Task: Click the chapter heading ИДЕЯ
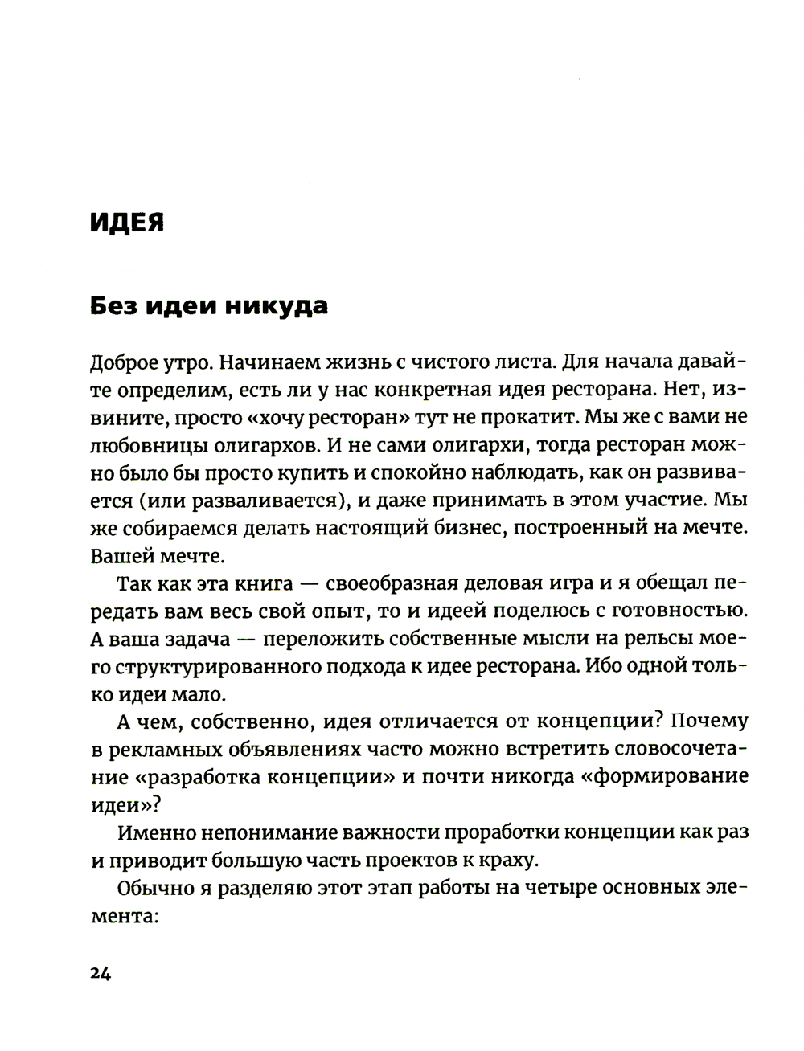[x=126, y=223]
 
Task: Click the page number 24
[x=100, y=973]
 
